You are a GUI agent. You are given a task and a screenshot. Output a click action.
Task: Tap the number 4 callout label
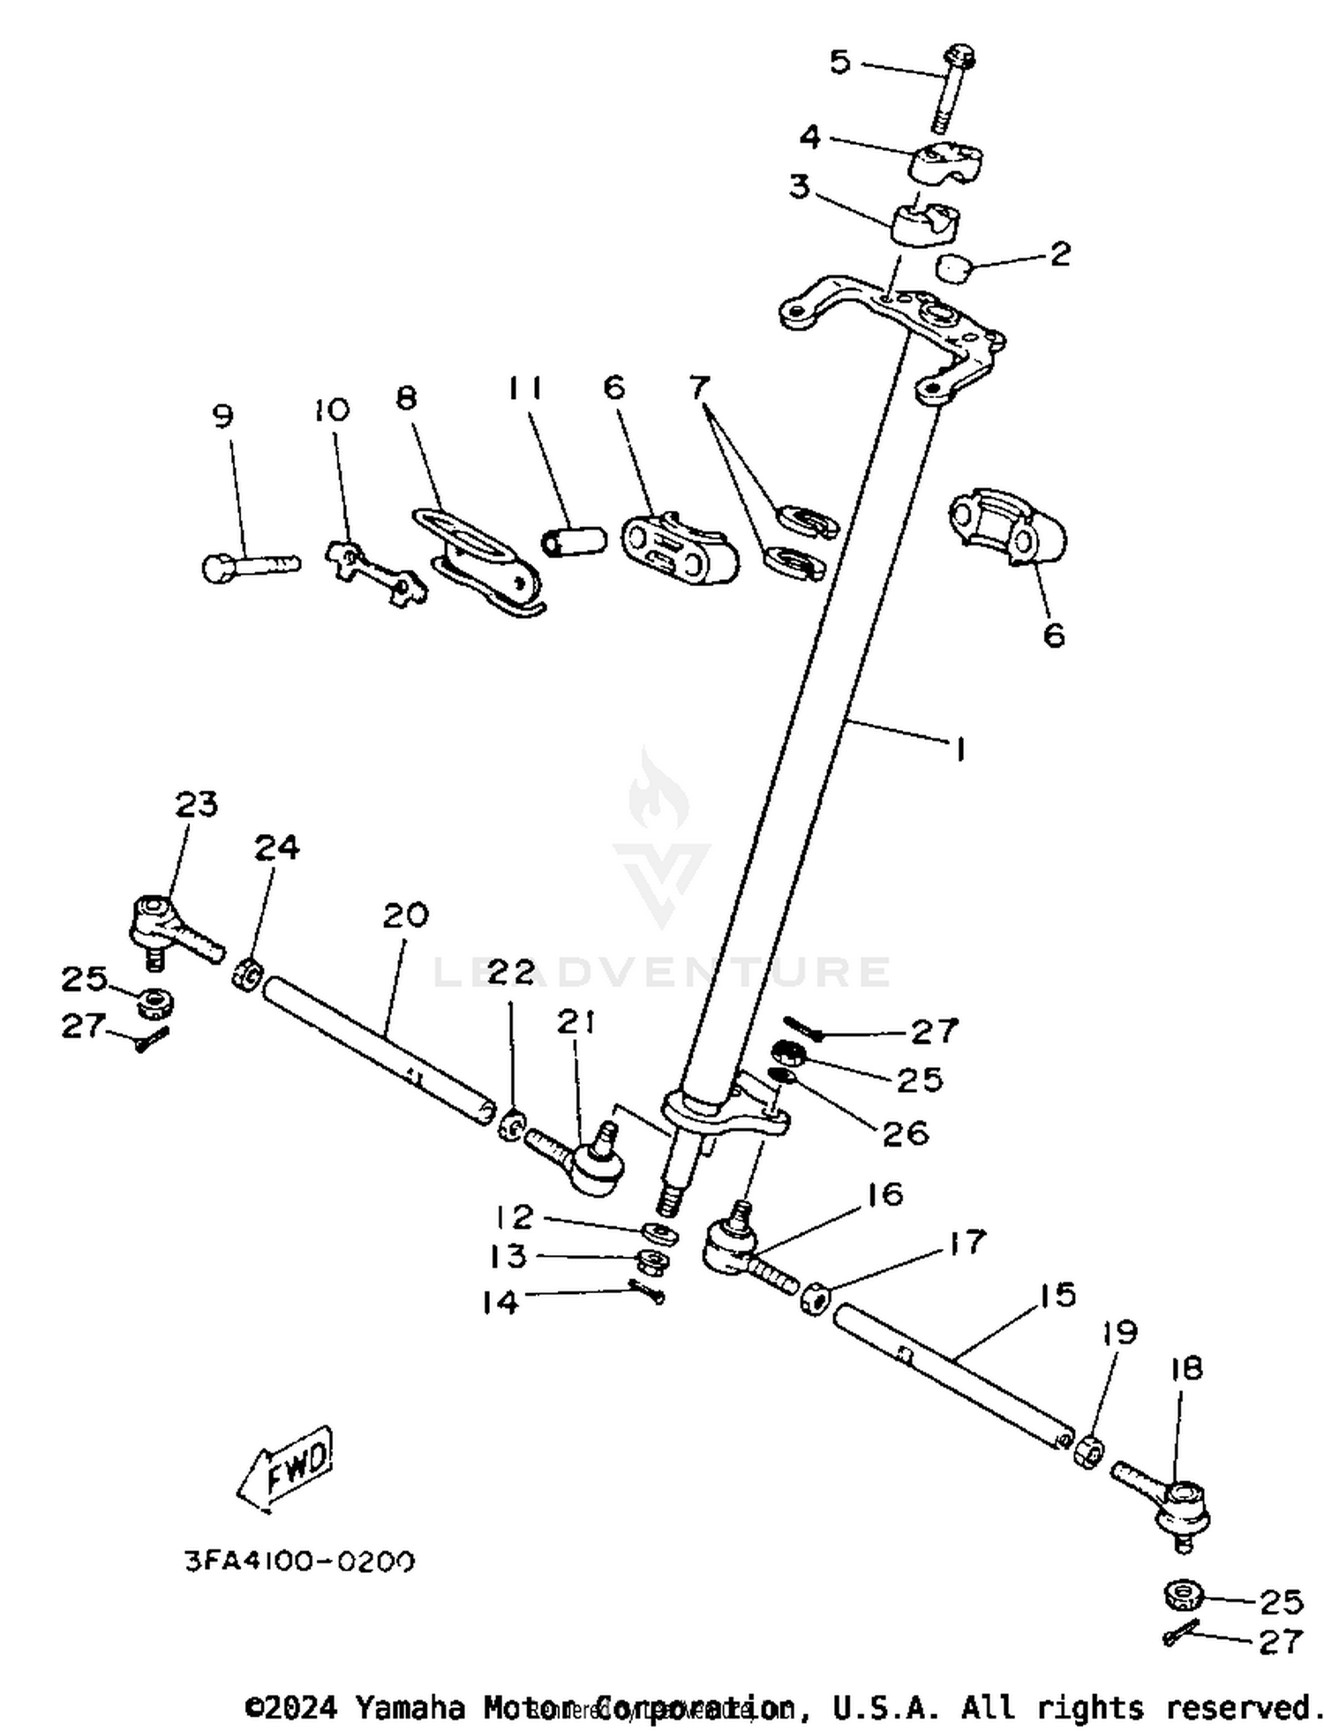click(810, 137)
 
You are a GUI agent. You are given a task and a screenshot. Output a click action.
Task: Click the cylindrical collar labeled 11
click(574, 540)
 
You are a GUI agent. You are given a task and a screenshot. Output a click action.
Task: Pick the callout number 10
click(331, 410)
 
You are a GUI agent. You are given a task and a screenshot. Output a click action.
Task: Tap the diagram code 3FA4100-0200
click(299, 1562)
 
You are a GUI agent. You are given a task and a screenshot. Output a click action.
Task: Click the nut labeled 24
click(246, 976)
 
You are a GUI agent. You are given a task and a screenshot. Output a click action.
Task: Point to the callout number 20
click(405, 915)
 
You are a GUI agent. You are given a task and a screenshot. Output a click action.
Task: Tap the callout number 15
click(1057, 1295)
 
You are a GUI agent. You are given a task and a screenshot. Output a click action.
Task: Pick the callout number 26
click(906, 1133)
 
